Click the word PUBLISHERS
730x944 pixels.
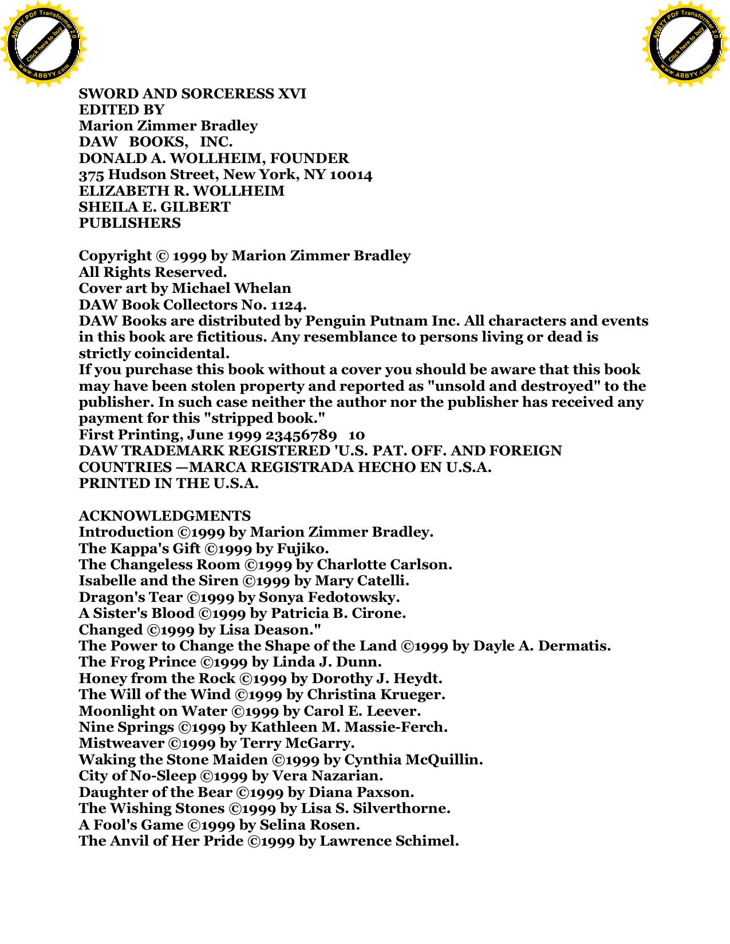tap(129, 223)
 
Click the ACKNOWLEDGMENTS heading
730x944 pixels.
tap(164, 516)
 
